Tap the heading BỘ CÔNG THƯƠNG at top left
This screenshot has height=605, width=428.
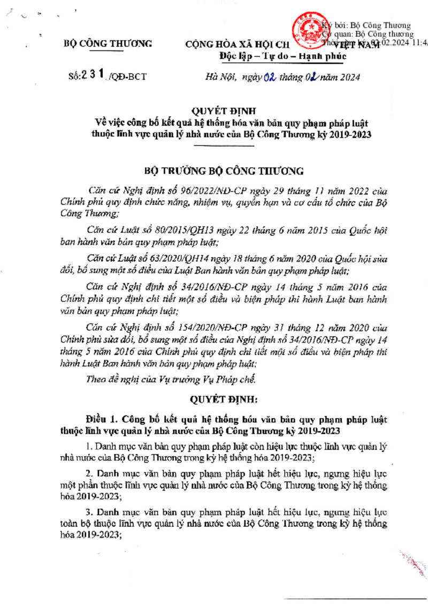point(108,44)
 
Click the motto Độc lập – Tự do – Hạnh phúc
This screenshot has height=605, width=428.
point(283,56)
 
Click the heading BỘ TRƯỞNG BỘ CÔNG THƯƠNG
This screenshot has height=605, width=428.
point(224,171)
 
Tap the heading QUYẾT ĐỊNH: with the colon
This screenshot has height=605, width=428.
point(224,399)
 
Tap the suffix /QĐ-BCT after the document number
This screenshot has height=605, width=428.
point(126,77)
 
